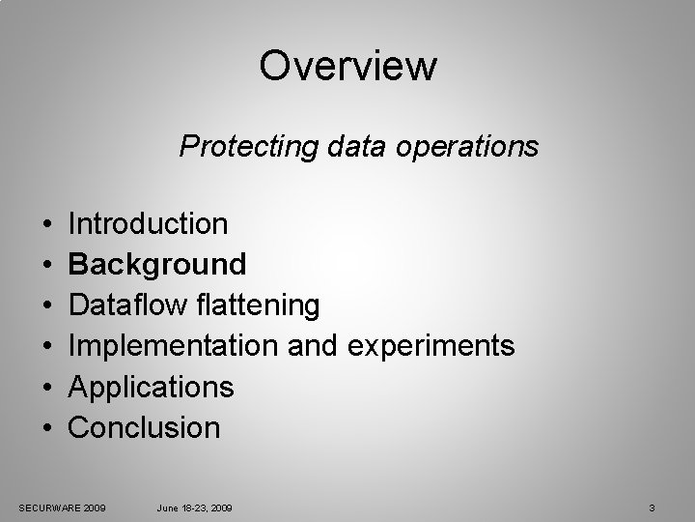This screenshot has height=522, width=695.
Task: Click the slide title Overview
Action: (347, 67)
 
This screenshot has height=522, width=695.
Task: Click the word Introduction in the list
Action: (149, 224)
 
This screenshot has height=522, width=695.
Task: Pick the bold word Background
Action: (158, 264)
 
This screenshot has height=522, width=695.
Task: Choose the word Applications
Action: (152, 387)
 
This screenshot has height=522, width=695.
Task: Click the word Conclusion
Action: (145, 427)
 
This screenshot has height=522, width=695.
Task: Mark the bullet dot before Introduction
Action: (47, 225)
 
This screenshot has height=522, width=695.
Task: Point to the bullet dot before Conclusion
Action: (47, 428)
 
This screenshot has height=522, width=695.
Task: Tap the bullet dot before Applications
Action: (47, 388)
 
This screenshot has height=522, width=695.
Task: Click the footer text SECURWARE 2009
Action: (63, 507)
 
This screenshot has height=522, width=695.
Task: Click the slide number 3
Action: (653, 507)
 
